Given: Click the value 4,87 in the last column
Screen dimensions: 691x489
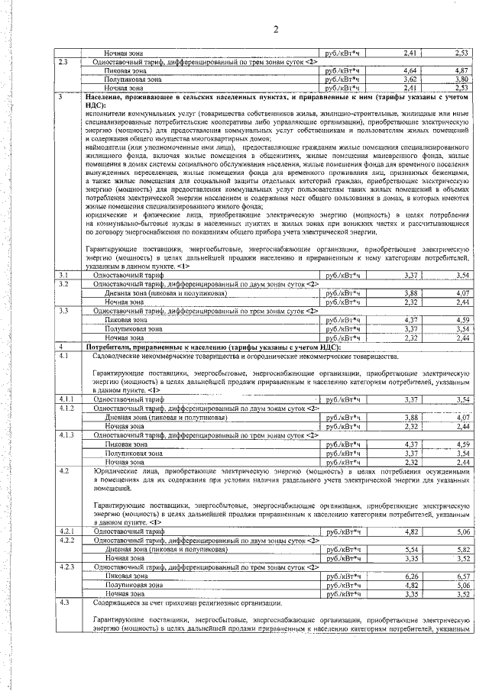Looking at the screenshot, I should pos(460,70).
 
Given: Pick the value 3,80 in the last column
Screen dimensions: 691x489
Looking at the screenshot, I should pos(460,79).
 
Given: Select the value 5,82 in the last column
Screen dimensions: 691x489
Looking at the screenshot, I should pos(460,549).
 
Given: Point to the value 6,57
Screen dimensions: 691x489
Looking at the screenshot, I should pos(460,576).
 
